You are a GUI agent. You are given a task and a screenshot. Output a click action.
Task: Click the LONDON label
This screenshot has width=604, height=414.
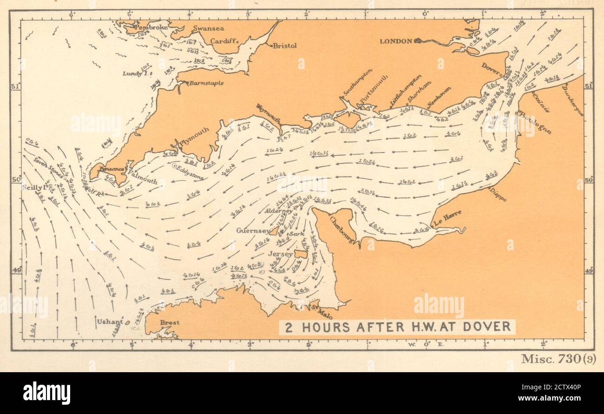click(396, 41)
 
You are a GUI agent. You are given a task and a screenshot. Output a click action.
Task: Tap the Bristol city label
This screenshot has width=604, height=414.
click(285, 46)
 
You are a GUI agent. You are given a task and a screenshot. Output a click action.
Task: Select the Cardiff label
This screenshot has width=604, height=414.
click(223, 41)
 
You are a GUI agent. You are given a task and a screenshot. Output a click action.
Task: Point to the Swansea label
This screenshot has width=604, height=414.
click(209, 28)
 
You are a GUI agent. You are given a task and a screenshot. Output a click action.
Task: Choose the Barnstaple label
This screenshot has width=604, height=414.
click(206, 83)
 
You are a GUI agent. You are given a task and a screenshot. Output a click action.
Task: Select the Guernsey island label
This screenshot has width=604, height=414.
click(253, 230)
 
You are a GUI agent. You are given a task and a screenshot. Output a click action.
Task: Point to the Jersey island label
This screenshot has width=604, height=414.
click(281, 254)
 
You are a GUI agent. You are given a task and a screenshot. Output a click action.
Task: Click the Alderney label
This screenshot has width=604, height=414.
click(278, 210)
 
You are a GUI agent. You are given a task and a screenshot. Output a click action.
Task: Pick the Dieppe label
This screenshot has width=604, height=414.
click(498, 194)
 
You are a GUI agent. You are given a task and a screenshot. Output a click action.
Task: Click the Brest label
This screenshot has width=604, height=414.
click(170, 322)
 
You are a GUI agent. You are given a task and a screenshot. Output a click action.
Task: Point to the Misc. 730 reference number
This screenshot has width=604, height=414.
click(558, 359)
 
